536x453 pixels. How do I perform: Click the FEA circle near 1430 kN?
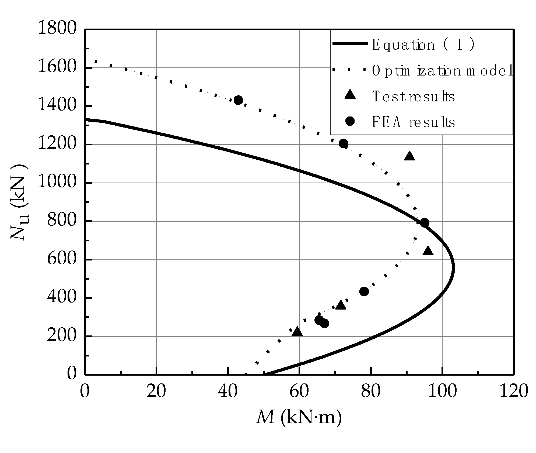click(238, 100)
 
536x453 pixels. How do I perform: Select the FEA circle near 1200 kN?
click(343, 143)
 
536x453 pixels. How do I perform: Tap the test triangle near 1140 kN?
click(409, 156)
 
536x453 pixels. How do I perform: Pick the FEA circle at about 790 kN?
click(425, 222)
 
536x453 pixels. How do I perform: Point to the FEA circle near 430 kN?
click(364, 291)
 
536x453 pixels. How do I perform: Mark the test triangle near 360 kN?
click(341, 305)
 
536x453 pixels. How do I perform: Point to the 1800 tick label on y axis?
click(57, 28)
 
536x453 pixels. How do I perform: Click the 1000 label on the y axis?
click(57, 183)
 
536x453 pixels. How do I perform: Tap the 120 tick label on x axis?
click(514, 391)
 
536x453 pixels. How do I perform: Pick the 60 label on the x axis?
click(299, 391)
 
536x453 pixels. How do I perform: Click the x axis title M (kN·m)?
click(299, 418)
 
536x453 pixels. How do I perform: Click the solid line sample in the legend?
click(350, 44)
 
